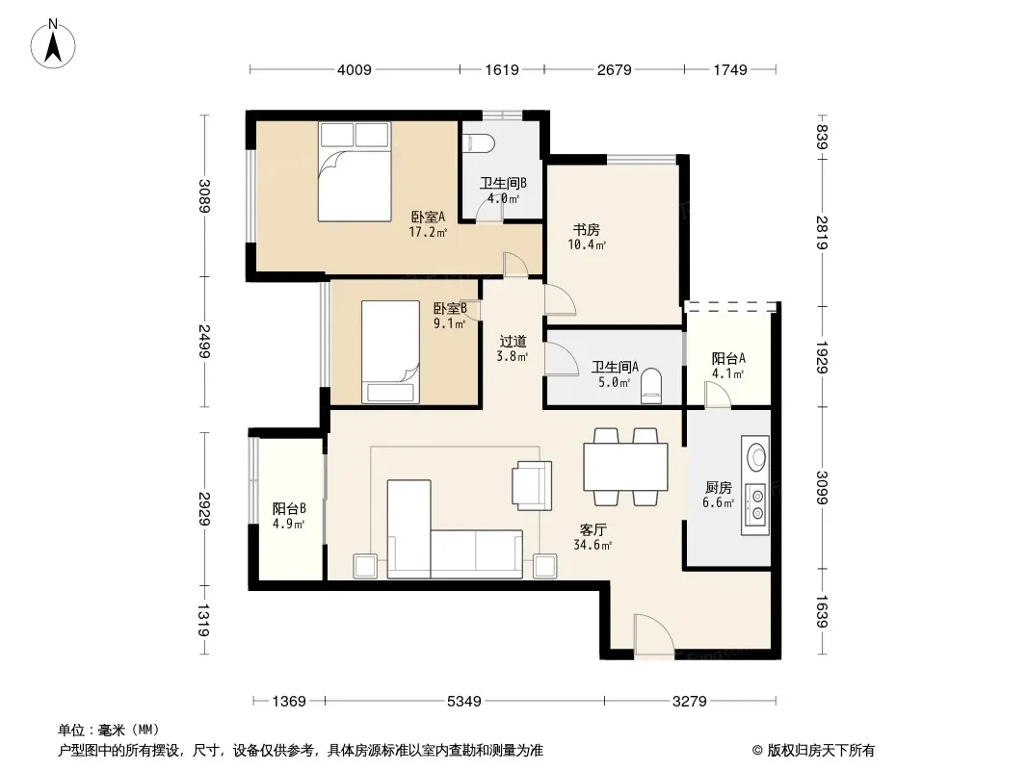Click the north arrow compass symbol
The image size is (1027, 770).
point(53,44)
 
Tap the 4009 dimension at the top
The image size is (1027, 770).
point(355,69)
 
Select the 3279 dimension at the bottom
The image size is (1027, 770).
point(690,702)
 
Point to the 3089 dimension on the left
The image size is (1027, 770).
point(204,196)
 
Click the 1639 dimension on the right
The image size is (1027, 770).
point(822,612)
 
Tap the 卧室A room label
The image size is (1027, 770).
point(428,217)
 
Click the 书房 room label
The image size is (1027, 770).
point(586,230)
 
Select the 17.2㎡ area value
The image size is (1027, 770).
point(428,232)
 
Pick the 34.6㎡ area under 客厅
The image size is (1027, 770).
point(592,545)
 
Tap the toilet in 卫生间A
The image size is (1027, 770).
point(651,383)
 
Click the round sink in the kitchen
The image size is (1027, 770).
point(756,455)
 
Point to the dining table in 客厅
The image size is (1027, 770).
point(625,467)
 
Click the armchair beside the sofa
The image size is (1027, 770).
point(532,485)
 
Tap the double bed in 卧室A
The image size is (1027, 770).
point(355,171)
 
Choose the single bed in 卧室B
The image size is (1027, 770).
point(390,352)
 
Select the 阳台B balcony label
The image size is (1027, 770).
point(289,508)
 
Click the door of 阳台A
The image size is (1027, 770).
point(718,396)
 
